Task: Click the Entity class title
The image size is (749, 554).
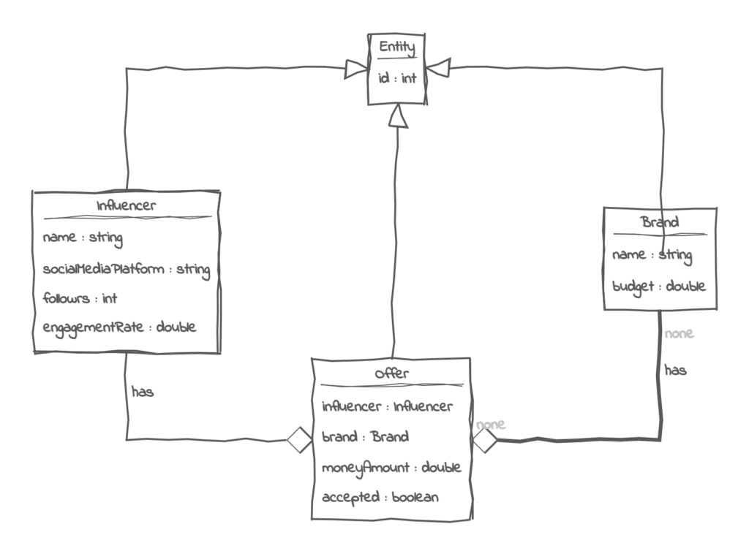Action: click(x=397, y=49)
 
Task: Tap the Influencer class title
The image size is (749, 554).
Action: click(x=126, y=205)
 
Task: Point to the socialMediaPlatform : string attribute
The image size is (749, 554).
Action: click(x=127, y=269)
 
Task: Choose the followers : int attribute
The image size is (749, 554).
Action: click(x=80, y=298)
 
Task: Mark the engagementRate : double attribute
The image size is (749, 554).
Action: click(x=120, y=327)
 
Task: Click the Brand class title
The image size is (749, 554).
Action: click(x=660, y=222)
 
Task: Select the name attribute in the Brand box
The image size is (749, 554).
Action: click(x=652, y=255)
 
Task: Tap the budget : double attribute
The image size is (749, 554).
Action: click(x=658, y=287)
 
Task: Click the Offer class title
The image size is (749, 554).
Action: click(x=391, y=373)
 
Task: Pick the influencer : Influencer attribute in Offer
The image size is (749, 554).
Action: click(x=388, y=406)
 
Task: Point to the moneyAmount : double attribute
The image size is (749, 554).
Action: click(x=391, y=466)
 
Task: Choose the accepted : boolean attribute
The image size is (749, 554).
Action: click(x=380, y=497)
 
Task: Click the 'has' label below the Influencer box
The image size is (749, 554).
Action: click(x=143, y=392)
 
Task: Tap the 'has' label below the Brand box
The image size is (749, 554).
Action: click(x=675, y=371)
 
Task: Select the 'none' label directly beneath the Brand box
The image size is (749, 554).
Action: click(x=679, y=334)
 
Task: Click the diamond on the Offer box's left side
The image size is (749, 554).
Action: click(x=299, y=440)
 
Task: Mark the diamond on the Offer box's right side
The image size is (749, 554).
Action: click(x=486, y=440)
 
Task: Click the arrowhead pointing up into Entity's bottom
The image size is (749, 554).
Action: click(x=397, y=115)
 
